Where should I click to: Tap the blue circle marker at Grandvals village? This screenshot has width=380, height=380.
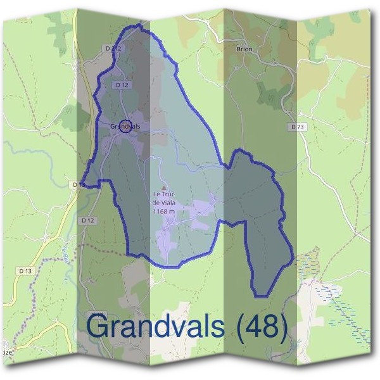click(x=125, y=127)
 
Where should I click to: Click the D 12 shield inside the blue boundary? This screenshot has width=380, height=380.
click(x=123, y=84)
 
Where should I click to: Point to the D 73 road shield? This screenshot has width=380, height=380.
click(x=298, y=127)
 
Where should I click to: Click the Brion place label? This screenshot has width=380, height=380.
click(x=244, y=49)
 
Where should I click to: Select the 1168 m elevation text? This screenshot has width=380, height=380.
click(x=163, y=211)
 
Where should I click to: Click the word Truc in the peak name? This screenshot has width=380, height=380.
click(x=168, y=195)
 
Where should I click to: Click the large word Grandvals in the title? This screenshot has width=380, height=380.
click(x=155, y=327)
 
